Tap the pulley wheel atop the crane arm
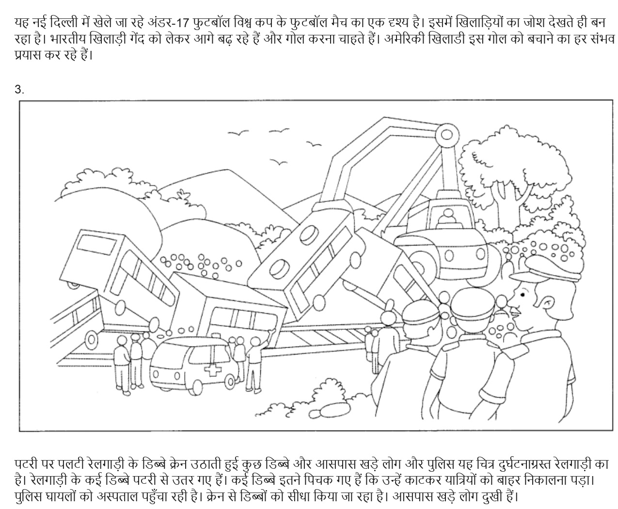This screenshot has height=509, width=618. (x=446, y=135)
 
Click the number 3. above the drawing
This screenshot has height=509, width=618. (x=19, y=89)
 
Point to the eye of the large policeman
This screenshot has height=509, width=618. (x=523, y=294)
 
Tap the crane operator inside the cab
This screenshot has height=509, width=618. (x=448, y=218)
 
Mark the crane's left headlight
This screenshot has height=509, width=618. (x=449, y=256)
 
